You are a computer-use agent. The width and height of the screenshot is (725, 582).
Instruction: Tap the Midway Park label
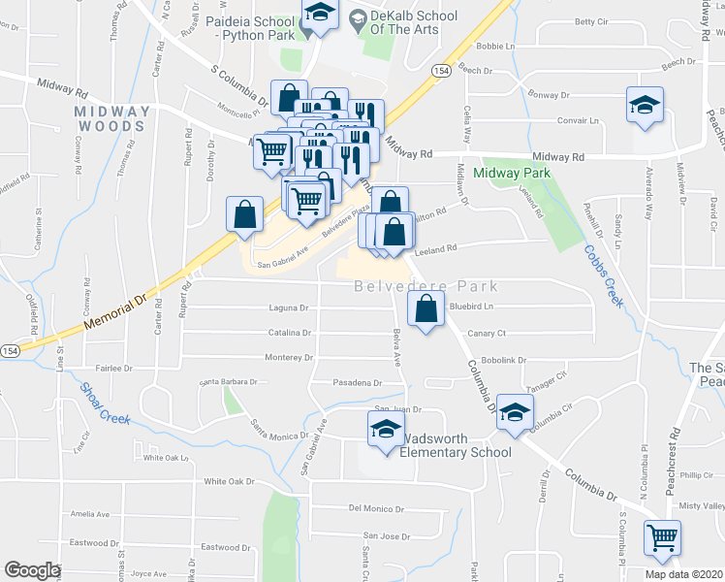pyautogui.click(x=512, y=173)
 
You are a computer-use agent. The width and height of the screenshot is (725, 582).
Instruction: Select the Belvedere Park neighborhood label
pyautogui.click(x=426, y=286)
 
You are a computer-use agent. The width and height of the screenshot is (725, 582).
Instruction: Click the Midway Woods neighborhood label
pyautogui.click(x=113, y=118)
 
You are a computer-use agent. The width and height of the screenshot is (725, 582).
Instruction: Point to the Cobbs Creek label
pyautogui.click(x=602, y=275)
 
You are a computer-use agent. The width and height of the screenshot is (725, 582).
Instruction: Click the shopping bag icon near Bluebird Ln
pyautogui.click(x=426, y=310)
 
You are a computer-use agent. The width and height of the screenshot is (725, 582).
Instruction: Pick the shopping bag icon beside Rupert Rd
pyautogui.click(x=245, y=213)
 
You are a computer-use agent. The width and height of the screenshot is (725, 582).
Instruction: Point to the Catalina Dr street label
pyautogui.click(x=291, y=333)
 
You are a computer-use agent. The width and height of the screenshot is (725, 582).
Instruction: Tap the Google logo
pyautogui.click(x=32, y=570)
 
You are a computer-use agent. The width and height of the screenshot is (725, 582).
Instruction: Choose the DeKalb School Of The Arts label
pyautogui.click(x=407, y=23)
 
